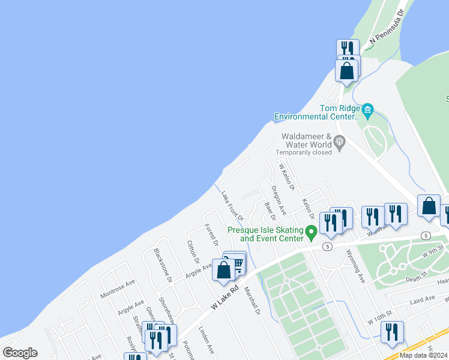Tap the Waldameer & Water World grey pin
[x=340, y=142]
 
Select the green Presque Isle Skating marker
[x=311, y=231]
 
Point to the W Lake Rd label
[x=226, y=296]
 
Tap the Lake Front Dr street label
[x=232, y=205]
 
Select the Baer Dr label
[x=270, y=211]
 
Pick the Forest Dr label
[x=211, y=235]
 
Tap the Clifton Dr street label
[x=193, y=251]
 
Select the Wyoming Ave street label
[x=355, y=266]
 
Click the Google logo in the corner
[x=20, y=353]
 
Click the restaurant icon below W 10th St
[x=392, y=332]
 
